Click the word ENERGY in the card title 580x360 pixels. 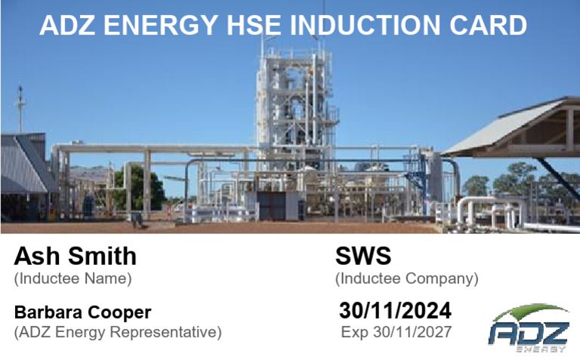click(x=156, y=26)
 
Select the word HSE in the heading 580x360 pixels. click(x=254, y=26)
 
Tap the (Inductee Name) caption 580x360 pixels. click(x=72, y=279)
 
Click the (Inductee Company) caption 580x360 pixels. click(x=407, y=279)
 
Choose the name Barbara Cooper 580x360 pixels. click(x=83, y=312)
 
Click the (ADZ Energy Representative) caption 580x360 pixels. click(x=118, y=332)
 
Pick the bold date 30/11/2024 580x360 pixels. click(x=396, y=311)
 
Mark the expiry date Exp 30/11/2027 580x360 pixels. click(x=396, y=332)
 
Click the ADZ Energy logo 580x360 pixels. click(x=529, y=329)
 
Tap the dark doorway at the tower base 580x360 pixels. click(x=269, y=205)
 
